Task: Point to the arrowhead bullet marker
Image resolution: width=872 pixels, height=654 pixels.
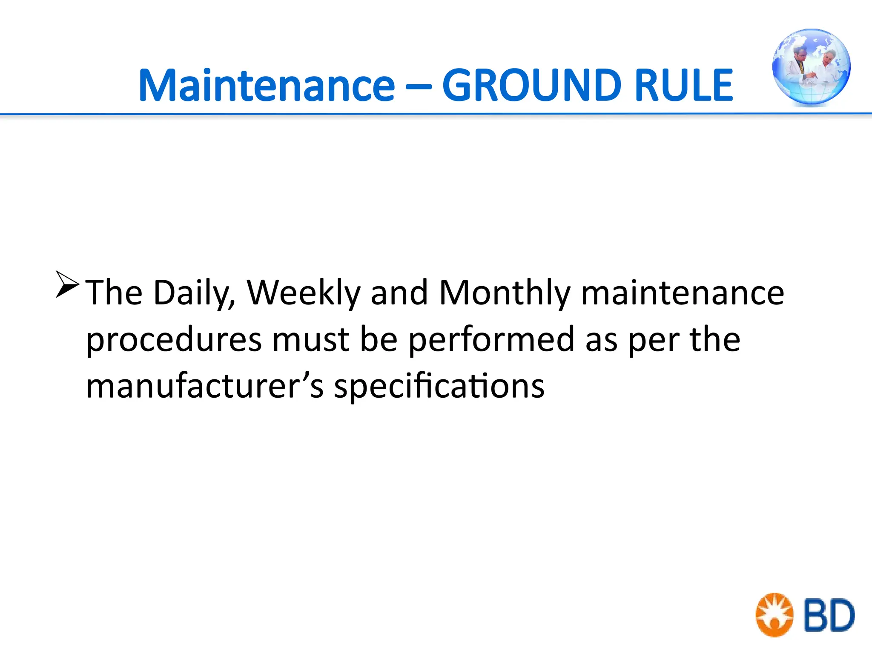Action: pyautogui.click(x=67, y=284)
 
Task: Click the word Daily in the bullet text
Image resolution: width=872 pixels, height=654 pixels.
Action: pyautogui.click(x=194, y=293)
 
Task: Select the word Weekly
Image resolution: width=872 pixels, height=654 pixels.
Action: pyautogui.click(x=304, y=293)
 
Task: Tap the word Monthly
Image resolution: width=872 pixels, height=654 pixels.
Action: pyautogui.click(x=505, y=293)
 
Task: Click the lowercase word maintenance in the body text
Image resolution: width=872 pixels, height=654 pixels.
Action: pyautogui.click(x=683, y=293)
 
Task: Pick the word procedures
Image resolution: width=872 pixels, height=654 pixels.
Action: pyautogui.click(x=174, y=340)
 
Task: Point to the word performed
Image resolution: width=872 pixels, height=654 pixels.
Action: pyautogui.click(x=492, y=340)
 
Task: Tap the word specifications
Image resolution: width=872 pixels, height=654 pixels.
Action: pyautogui.click(x=439, y=387)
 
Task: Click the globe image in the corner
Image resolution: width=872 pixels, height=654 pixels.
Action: pyautogui.click(x=811, y=67)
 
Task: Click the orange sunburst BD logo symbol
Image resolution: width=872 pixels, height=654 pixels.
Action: pyautogui.click(x=774, y=614)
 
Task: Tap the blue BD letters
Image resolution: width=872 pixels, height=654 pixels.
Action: pyautogui.click(x=829, y=615)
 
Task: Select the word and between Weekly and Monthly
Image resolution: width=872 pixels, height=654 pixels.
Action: pyautogui.click(x=399, y=293)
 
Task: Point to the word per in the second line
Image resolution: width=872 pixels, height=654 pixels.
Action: pyautogui.click(x=654, y=341)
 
